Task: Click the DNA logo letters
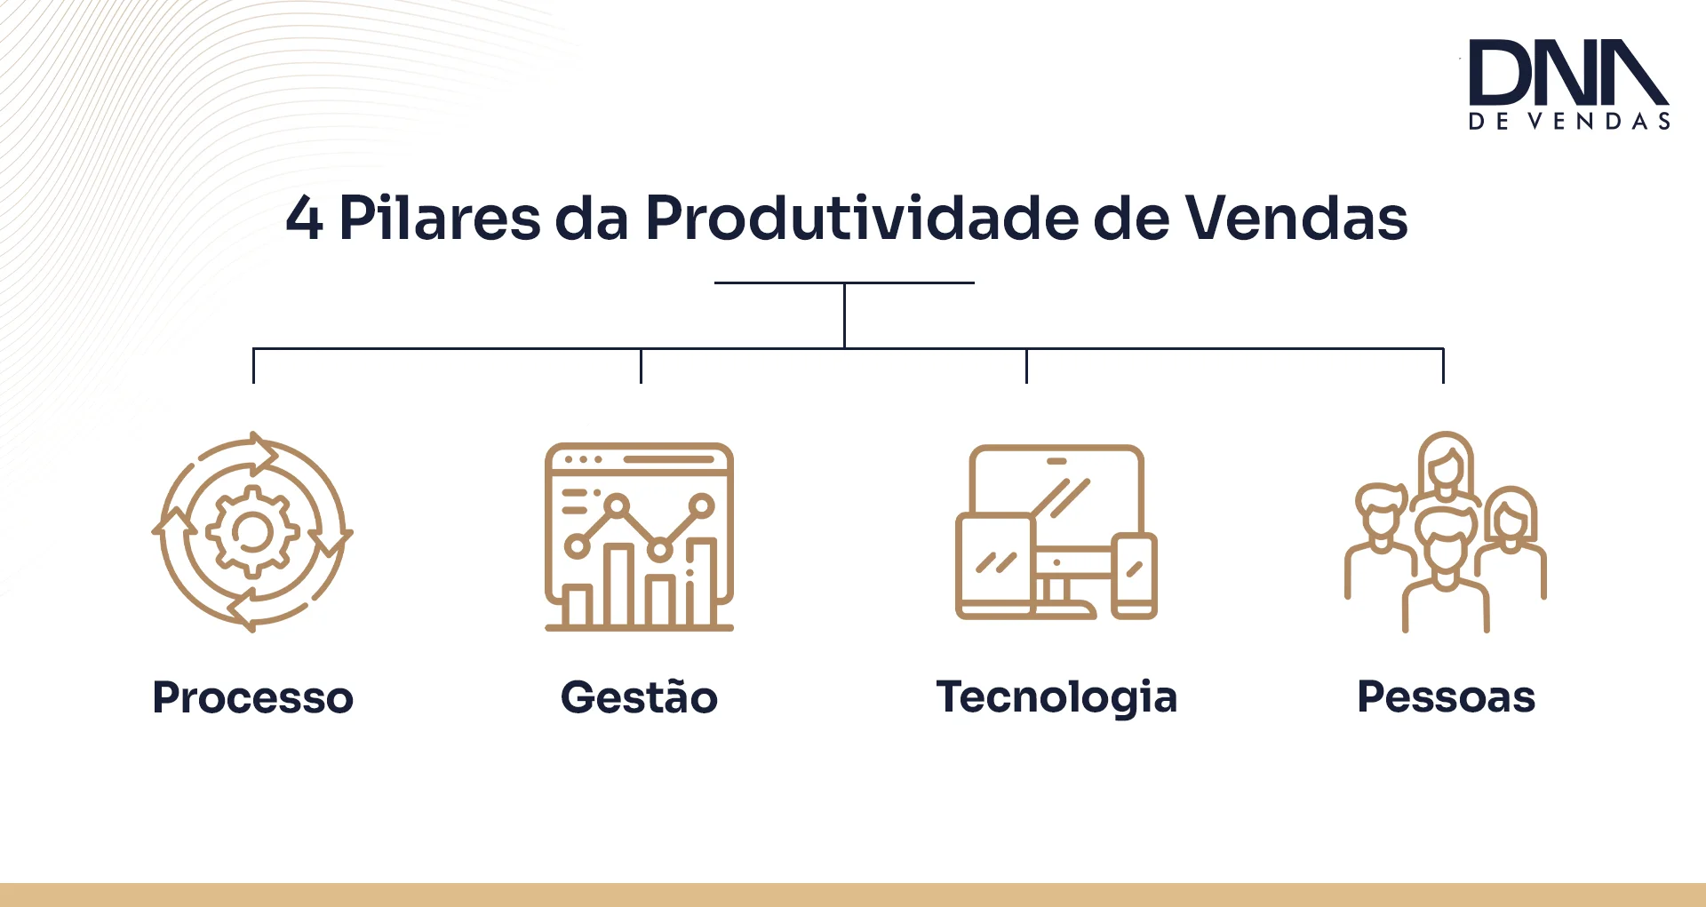click(x=1568, y=72)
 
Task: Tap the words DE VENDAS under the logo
click(x=1569, y=122)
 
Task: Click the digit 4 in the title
click(x=304, y=219)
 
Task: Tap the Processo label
click(x=253, y=697)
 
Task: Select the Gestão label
click(x=639, y=696)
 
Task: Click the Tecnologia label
click(x=1056, y=697)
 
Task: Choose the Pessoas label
click(x=1447, y=697)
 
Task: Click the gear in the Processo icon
click(x=252, y=532)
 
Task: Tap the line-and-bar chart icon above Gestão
click(x=640, y=537)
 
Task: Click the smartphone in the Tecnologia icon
click(x=1135, y=576)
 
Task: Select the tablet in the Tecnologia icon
click(x=995, y=566)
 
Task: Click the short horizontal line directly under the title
click(x=844, y=282)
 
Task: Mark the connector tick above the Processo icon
click(x=254, y=366)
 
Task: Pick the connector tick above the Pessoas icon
click(x=1443, y=366)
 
